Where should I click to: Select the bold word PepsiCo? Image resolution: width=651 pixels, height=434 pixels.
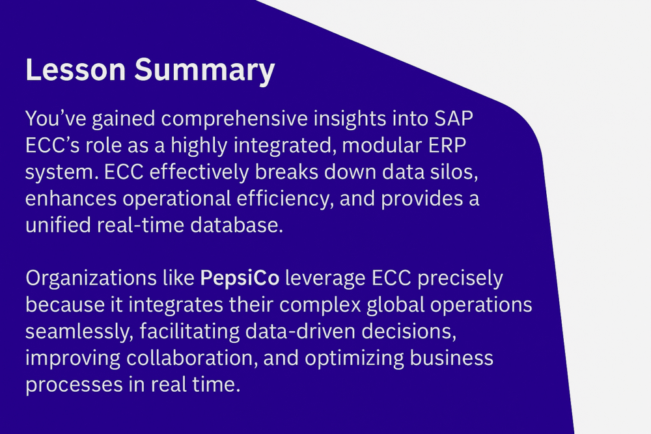click(x=240, y=278)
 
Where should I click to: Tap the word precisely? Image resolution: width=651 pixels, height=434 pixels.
click(x=460, y=278)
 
